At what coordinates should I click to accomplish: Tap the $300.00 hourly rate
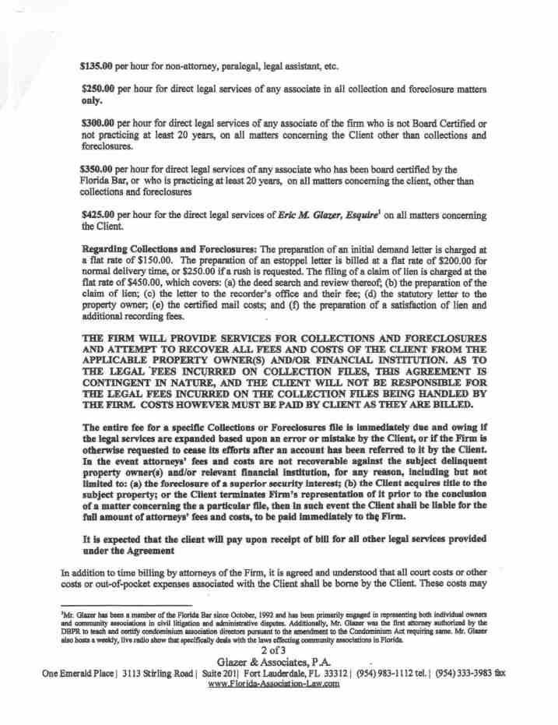(98, 125)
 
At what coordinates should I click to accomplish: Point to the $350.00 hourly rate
(98, 168)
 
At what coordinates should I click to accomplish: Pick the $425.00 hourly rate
(98, 214)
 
